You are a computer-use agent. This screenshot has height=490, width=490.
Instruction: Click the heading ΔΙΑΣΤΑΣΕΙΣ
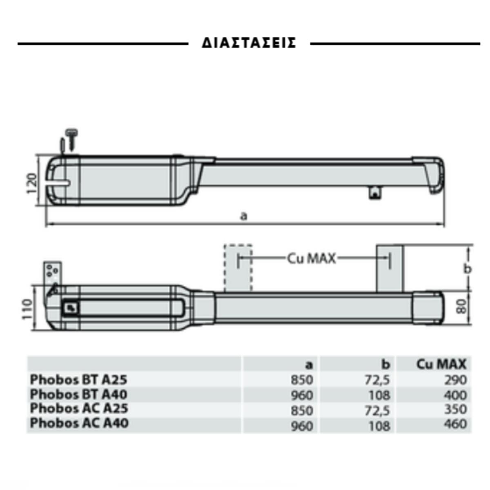coord(249,43)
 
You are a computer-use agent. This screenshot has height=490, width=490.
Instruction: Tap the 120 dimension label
coord(32,183)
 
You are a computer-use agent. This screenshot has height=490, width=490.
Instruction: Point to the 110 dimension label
coord(27,309)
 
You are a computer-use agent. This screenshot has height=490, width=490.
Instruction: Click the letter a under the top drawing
coord(244,216)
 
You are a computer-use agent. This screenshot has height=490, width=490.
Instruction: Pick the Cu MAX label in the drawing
coord(311,258)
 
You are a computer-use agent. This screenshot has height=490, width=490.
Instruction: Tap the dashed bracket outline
coord(238,268)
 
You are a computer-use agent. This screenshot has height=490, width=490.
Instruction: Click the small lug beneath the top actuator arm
coord(375,192)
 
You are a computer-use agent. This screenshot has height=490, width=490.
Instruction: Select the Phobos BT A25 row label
coord(78,380)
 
